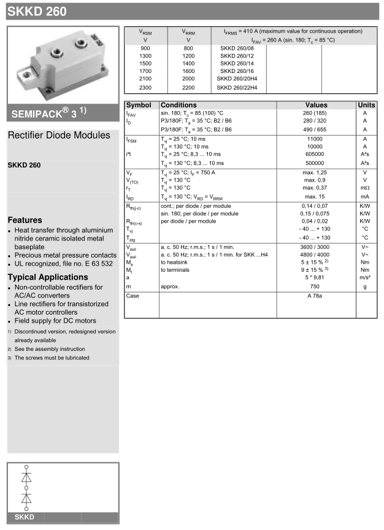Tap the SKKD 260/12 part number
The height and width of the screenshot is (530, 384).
coord(236,56)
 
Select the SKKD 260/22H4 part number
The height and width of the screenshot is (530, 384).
coord(237,88)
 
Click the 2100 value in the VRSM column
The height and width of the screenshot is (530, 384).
coord(145,80)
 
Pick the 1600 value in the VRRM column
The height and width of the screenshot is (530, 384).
coord(188,72)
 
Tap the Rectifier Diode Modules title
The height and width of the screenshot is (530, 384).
coord(59,135)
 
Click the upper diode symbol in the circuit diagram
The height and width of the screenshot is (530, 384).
coord(26,476)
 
